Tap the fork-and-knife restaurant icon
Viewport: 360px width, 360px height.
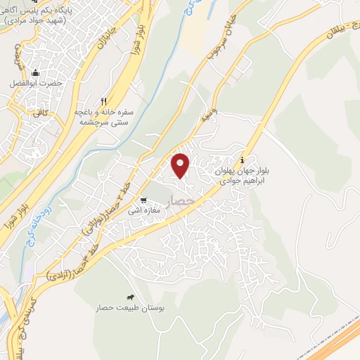tap(104, 101)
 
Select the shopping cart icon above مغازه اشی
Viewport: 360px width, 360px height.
tap(143, 200)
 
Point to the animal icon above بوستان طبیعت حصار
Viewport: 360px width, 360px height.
tap(130, 297)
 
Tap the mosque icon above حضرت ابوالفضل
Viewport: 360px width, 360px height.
tap(35, 72)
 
